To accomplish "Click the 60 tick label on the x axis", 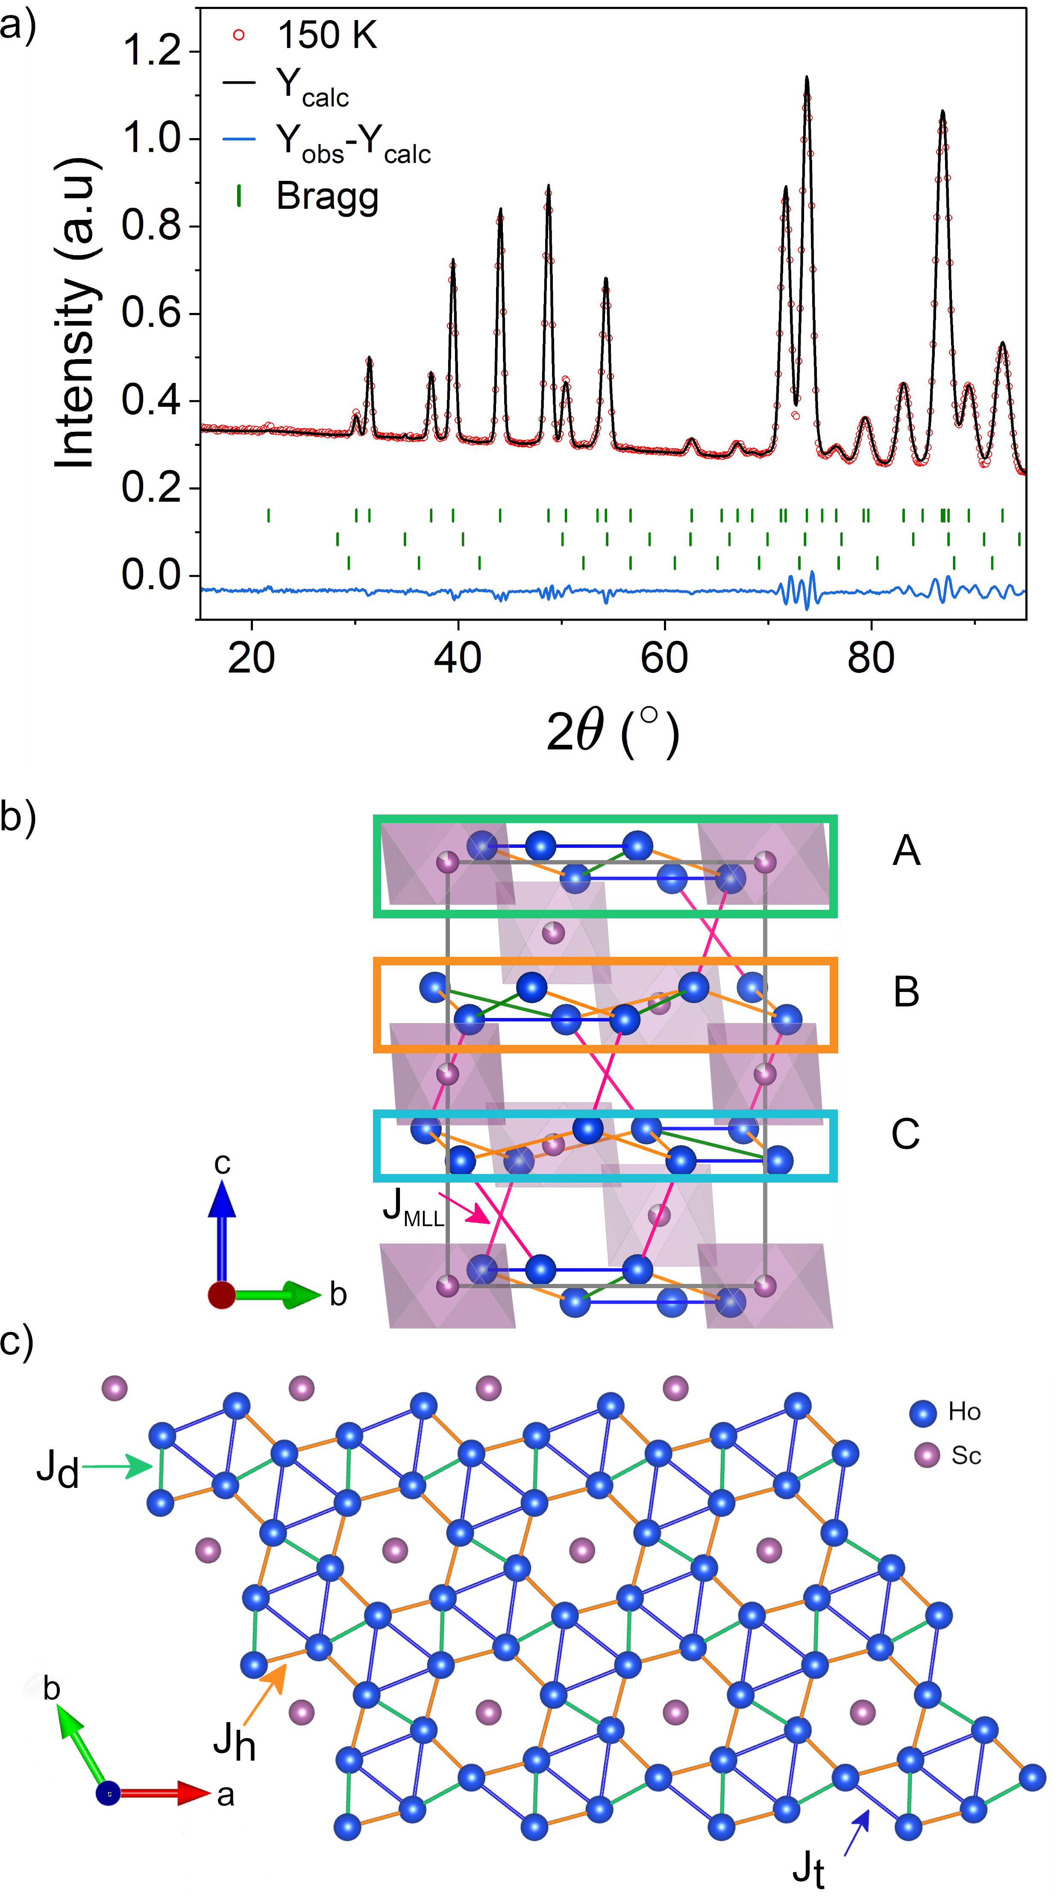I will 664,658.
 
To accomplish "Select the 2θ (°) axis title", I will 612,731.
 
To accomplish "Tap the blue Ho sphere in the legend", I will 923,1413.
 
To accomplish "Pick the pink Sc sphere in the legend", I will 927,1455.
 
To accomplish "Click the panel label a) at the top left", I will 18,27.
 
